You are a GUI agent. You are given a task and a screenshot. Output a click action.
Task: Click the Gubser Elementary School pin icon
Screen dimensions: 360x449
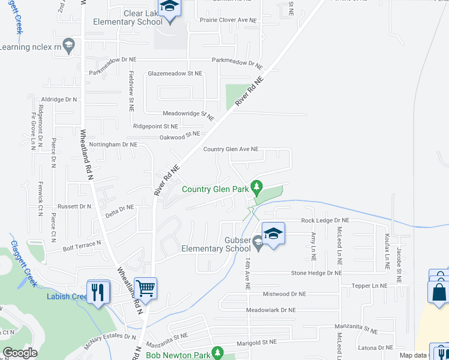(273, 233)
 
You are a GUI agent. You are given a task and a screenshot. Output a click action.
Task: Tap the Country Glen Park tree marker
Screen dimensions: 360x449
(257, 188)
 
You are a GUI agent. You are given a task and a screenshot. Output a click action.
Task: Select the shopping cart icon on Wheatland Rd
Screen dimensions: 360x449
(145, 288)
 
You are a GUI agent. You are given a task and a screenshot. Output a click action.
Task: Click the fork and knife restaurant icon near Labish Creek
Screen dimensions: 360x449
(98, 292)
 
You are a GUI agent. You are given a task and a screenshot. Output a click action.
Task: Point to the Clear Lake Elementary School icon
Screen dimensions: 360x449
(169, 8)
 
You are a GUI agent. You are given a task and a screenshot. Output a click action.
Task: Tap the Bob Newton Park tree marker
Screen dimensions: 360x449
(218, 355)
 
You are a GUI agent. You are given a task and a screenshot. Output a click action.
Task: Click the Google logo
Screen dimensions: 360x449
(19, 353)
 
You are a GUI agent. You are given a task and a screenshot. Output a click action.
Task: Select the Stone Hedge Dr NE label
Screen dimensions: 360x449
(316, 273)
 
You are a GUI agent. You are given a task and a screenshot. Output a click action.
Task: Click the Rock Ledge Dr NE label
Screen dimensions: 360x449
(325, 221)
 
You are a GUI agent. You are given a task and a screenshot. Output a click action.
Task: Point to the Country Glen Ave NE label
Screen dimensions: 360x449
(231, 149)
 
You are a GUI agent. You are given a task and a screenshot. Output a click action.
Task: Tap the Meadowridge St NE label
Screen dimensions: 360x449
(188, 113)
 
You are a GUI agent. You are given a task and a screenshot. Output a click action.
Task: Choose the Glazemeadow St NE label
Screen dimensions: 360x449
(175, 74)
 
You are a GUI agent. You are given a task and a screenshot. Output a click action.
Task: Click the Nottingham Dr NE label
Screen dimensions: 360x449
(113, 145)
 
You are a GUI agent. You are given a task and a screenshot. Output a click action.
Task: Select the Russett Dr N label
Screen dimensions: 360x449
(72, 206)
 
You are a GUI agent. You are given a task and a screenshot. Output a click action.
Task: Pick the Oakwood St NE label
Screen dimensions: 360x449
(179, 137)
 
